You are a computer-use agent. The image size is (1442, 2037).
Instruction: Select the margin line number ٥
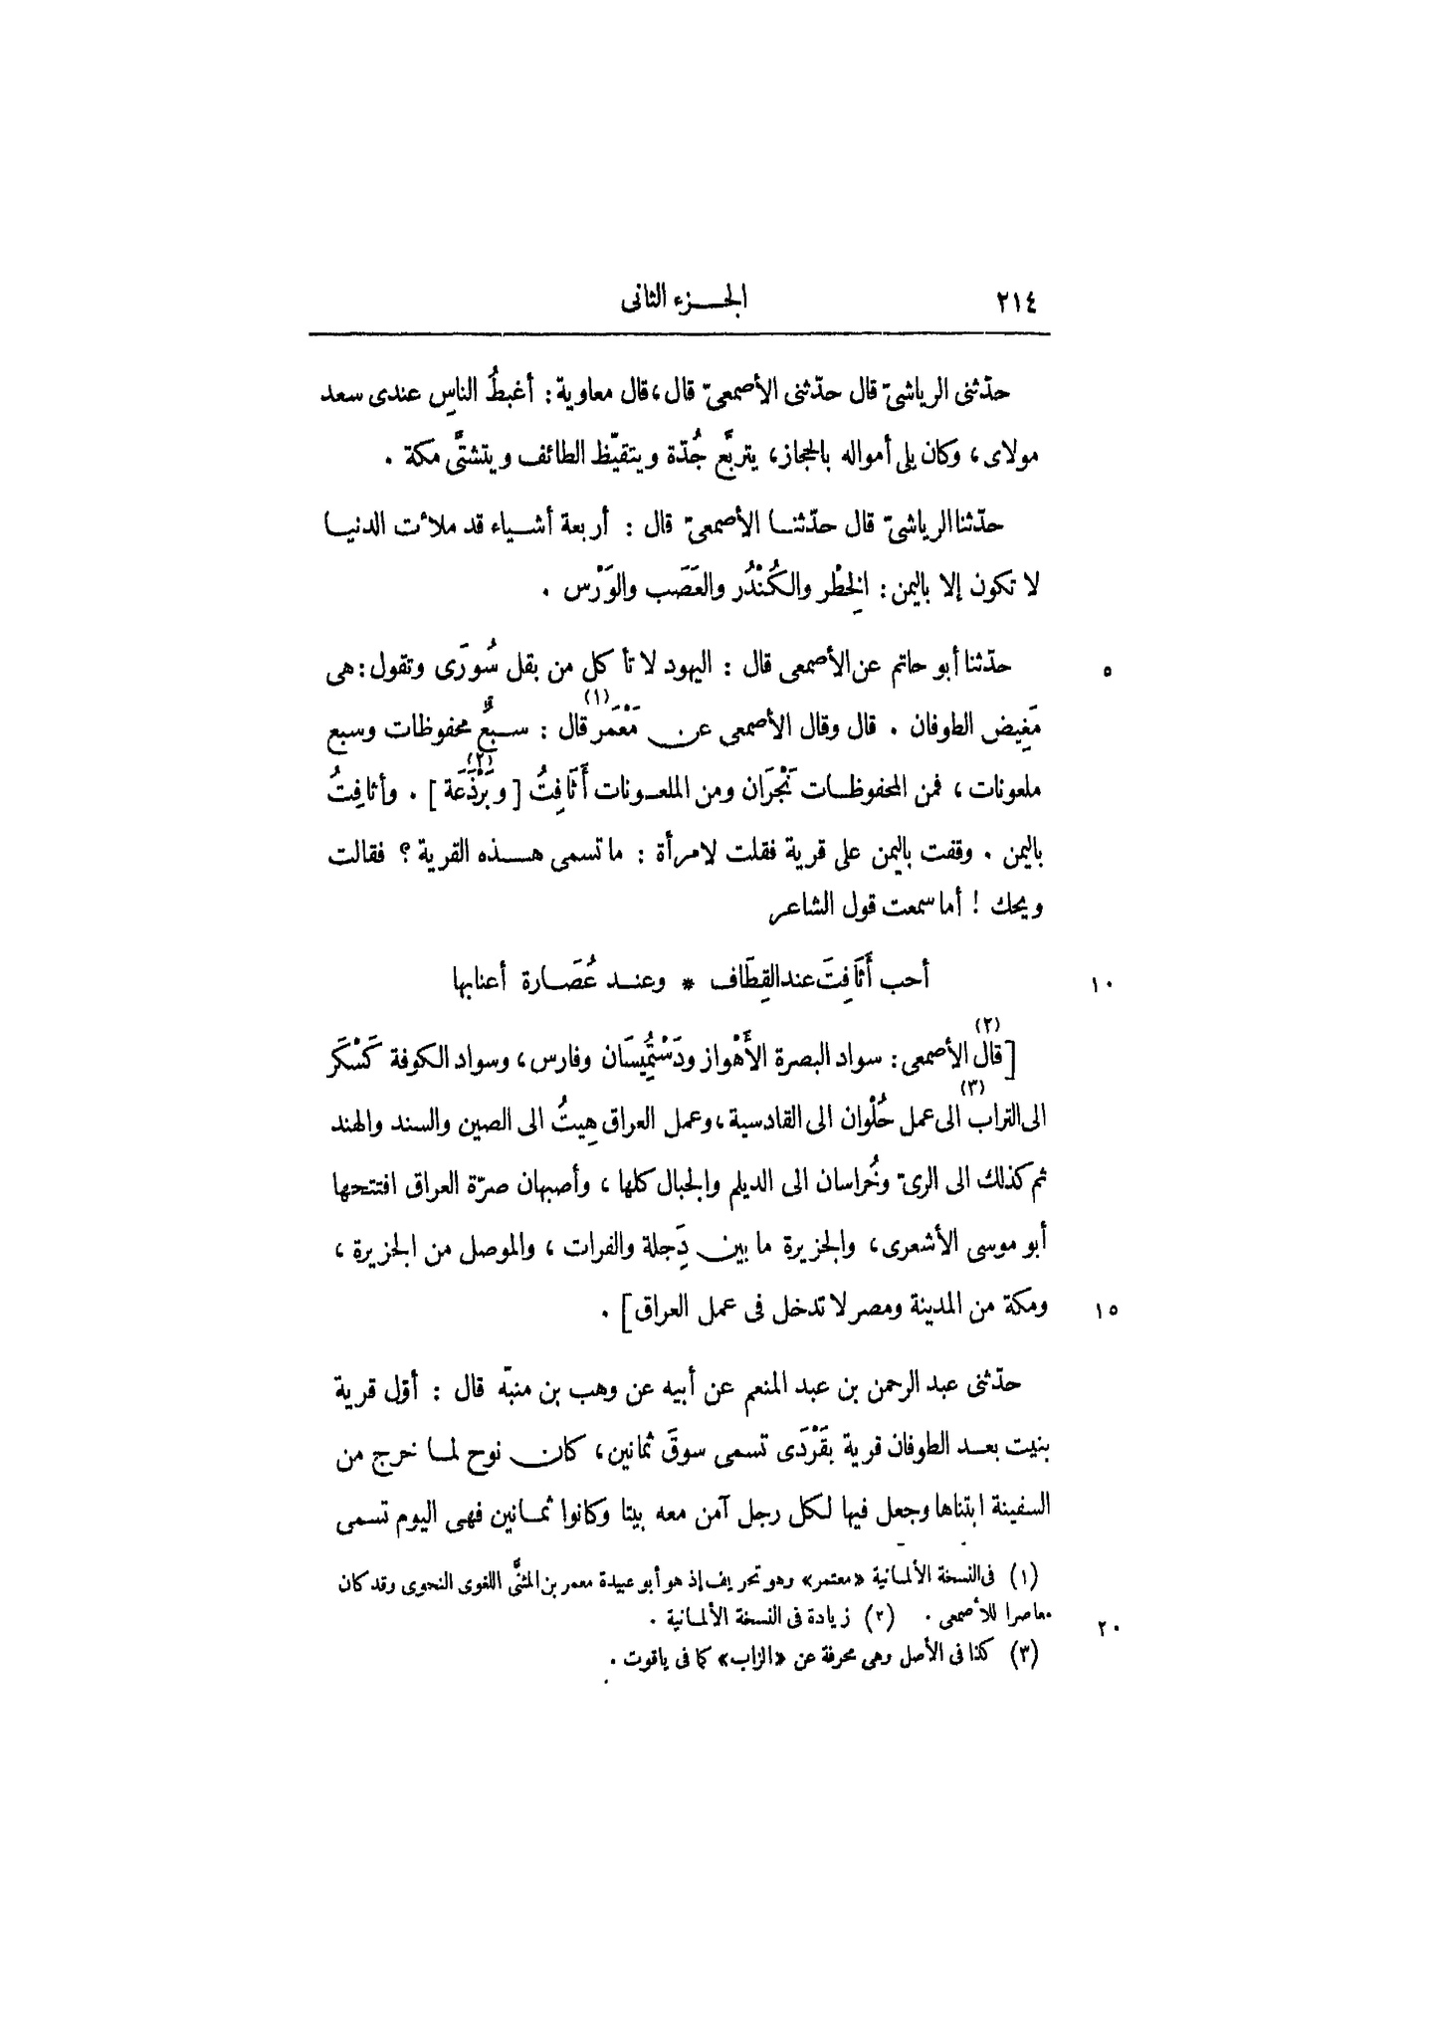point(1109,674)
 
